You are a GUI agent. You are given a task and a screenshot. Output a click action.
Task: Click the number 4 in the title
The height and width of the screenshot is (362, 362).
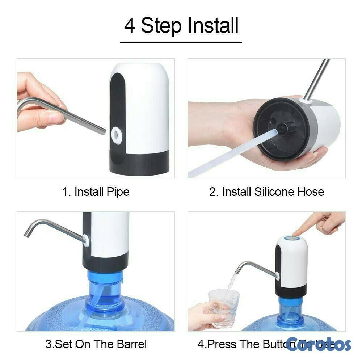[129, 26]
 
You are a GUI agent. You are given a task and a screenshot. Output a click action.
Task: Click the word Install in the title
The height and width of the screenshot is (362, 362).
[213, 26]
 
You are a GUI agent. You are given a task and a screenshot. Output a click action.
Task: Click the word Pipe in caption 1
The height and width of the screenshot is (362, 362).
[118, 191]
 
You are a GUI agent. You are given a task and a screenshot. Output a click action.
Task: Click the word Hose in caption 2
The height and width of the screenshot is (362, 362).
[311, 191]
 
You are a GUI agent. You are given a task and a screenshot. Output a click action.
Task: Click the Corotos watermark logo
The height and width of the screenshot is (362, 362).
[319, 344]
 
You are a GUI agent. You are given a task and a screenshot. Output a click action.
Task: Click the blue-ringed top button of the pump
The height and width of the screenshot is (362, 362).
[292, 239]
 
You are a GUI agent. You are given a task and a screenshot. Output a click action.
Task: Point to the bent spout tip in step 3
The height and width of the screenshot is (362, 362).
[27, 234]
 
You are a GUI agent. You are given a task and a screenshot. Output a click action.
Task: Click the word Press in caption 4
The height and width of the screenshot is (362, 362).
[218, 344]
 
